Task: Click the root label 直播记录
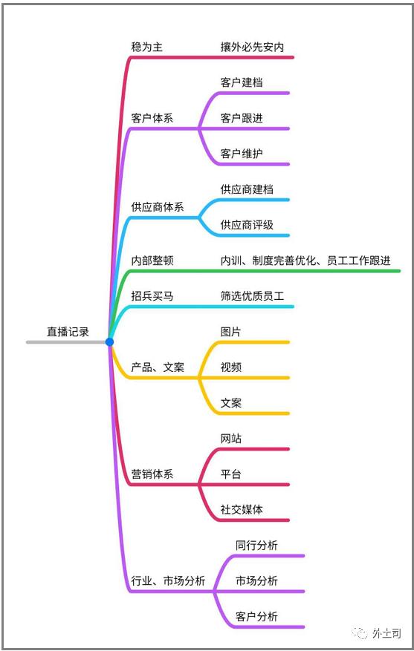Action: (x=68, y=332)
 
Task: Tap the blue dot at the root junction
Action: (x=109, y=342)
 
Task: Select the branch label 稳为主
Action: (x=146, y=47)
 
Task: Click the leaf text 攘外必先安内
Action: (x=252, y=47)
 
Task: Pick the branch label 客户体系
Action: (x=152, y=118)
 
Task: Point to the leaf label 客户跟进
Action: (x=242, y=118)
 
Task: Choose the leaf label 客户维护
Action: (x=242, y=154)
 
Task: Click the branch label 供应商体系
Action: (x=158, y=207)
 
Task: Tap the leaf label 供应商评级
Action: (x=247, y=225)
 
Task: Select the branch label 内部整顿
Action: (x=152, y=261)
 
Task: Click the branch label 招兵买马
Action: (x=152, y=296)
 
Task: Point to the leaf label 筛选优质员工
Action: (x=252, y=296)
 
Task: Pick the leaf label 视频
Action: (x=230, y=367)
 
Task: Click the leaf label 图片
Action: (x=230, y=332)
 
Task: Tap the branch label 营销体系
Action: (x=152, y=474)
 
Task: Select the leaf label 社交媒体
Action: (x=242, y=509)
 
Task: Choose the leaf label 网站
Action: (x=230, y=439)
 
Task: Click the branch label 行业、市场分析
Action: (x=168, y=580)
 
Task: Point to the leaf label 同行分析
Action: (x=256, y=545)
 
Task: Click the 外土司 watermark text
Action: (x=386, y=633)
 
